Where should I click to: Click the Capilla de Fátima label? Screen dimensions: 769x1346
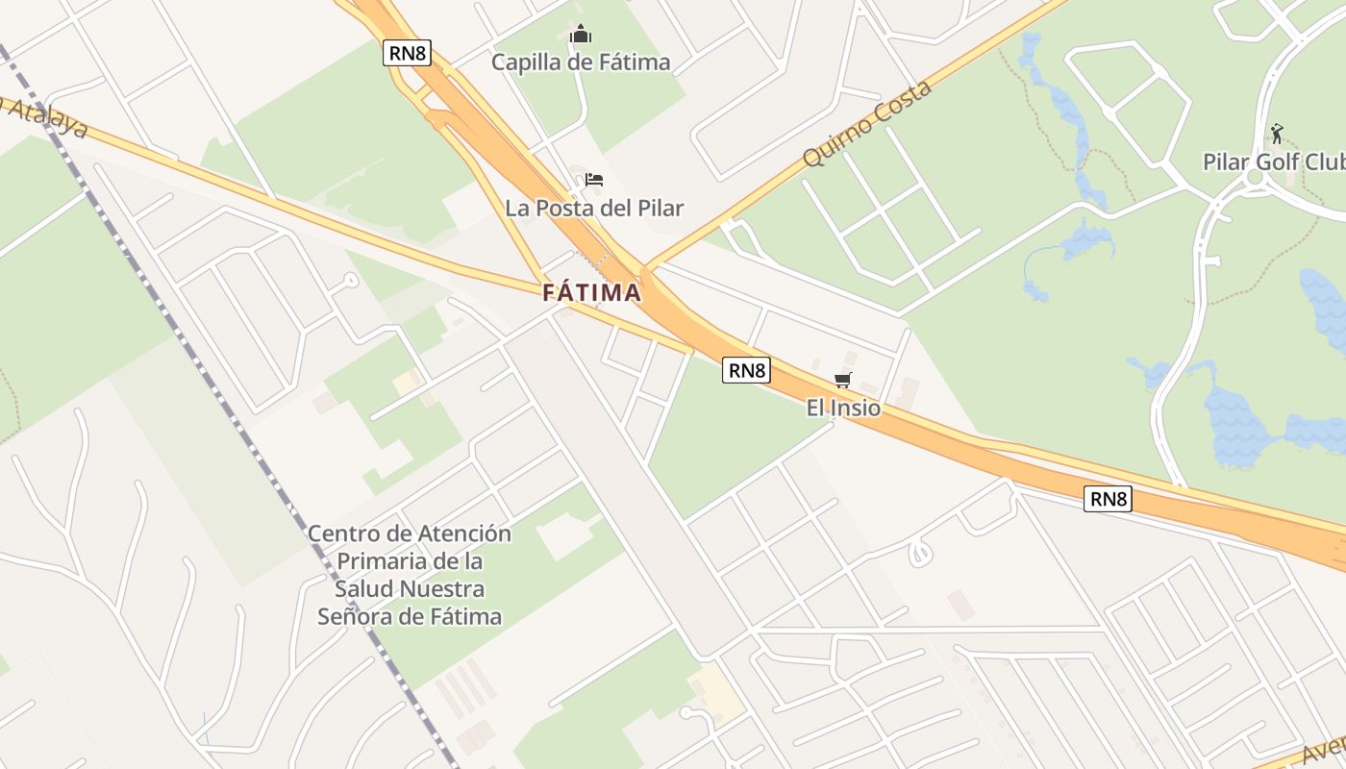point(581,62)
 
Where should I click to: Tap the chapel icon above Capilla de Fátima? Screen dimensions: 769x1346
point(581,36)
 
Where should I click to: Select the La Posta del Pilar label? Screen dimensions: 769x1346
point(594,208)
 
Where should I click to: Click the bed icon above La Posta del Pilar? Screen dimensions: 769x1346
point(594,180)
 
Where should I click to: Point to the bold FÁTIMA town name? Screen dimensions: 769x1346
point(591,293)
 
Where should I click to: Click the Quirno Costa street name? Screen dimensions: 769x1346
point(867,123)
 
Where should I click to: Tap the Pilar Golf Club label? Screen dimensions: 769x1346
point(1273,161)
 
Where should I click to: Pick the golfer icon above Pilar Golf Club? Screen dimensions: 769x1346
point(1277,134)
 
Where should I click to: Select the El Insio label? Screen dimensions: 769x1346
point(843,408)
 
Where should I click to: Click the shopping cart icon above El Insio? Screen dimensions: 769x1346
point(843,380)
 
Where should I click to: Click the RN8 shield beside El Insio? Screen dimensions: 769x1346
point(746,370)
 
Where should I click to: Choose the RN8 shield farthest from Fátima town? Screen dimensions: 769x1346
point(1108,499)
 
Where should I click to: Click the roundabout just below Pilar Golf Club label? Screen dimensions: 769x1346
point(1252,178)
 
